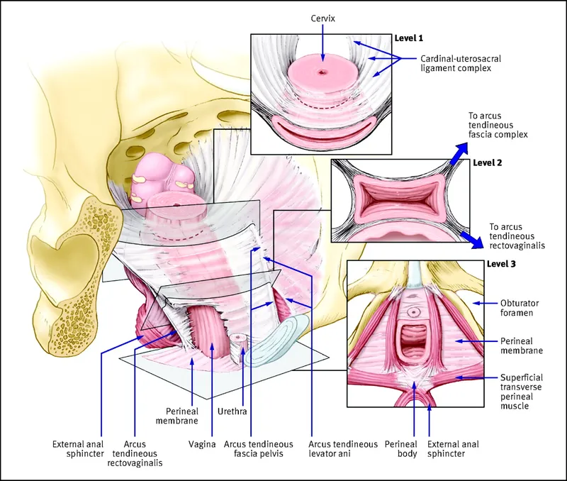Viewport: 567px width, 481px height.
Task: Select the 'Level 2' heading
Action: [488, 162]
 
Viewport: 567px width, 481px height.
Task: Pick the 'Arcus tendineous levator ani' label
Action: [344, 450]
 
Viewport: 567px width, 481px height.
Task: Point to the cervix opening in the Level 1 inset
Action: [322, 72]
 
